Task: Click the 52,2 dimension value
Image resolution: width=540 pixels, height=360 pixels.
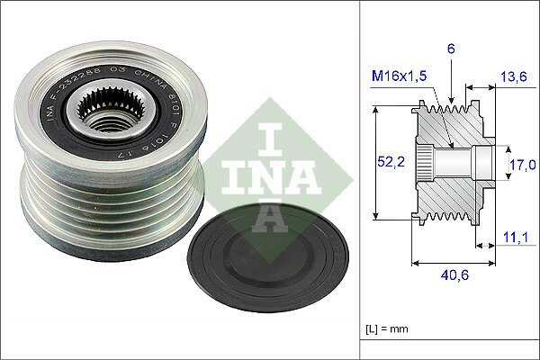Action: click(x=391, y=161)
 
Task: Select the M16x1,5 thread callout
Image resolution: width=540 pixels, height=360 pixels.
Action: click(x=399, y=76)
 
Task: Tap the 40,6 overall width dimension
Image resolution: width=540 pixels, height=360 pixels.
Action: click(x=454, y=274)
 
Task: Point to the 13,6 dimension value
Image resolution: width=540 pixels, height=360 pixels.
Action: click(x=514, y=76)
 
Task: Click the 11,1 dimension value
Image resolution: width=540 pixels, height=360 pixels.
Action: click(x=516, y=238)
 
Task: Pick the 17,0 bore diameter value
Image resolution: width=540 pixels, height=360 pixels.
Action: click(x=523, y=165)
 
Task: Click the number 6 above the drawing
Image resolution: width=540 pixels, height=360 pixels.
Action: click(x=451, y=49)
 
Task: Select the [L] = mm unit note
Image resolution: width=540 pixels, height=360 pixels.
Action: click(x=387, y=329)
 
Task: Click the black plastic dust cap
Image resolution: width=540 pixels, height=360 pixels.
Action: click(x=268, y=257)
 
